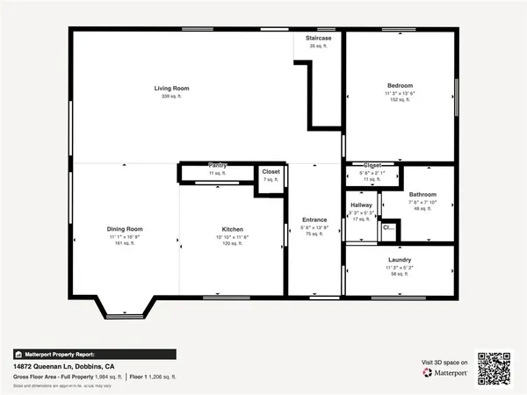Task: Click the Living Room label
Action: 171,89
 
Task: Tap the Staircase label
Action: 318,39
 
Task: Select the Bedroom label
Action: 400,86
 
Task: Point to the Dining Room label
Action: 125,228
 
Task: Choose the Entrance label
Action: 314,219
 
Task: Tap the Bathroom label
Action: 422,194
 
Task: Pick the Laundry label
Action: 400,260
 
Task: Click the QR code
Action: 494,366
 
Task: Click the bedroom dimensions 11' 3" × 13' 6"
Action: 400,93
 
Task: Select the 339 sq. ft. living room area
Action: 171,96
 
